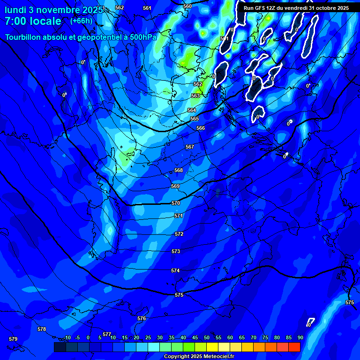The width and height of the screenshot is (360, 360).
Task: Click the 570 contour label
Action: [x=176, y=203]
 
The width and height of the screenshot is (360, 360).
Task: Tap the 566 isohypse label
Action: [x=201, y=128]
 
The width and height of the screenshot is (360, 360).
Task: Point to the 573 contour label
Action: [x=176, y=252]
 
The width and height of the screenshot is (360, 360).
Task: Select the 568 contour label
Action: [x=179, y=170]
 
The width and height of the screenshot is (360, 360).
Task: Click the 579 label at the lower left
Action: [x=13, y=339]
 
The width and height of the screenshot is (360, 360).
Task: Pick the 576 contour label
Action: [x=142, y=318]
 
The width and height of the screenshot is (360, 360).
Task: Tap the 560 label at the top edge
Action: [x=187, y=6]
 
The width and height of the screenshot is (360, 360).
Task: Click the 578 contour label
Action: [x=42, y=329]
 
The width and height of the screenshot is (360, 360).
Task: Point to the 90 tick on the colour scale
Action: [x=300, y=337]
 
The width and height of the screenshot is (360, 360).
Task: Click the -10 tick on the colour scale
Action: [x=67, y=337]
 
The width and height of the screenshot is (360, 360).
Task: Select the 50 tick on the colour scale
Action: [x=206, y=337]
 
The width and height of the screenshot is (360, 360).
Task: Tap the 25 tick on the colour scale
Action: [x=148, y=337]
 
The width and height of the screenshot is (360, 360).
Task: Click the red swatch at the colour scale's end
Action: [x=294, y=347]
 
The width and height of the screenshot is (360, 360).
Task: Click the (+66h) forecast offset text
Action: [x=81, y=21]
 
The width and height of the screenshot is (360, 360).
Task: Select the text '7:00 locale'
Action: [x=33, y=21]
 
